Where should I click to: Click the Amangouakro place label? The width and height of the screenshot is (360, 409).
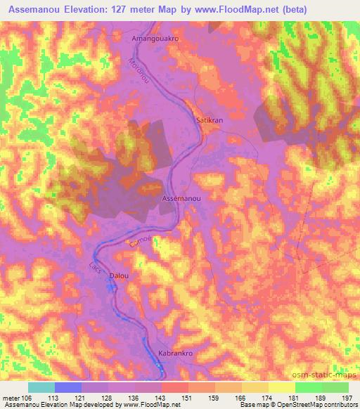point(156,39)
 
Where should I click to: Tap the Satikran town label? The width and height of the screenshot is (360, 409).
point(209,120)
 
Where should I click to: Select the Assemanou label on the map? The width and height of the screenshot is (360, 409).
point(182,200)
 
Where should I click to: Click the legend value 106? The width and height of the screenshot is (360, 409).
point(28,397)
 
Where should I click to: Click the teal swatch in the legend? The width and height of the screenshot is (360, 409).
point(41,387)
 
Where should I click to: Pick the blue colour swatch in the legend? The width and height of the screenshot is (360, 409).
point(68,387)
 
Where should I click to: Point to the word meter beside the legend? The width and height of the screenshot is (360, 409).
point(11,397)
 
